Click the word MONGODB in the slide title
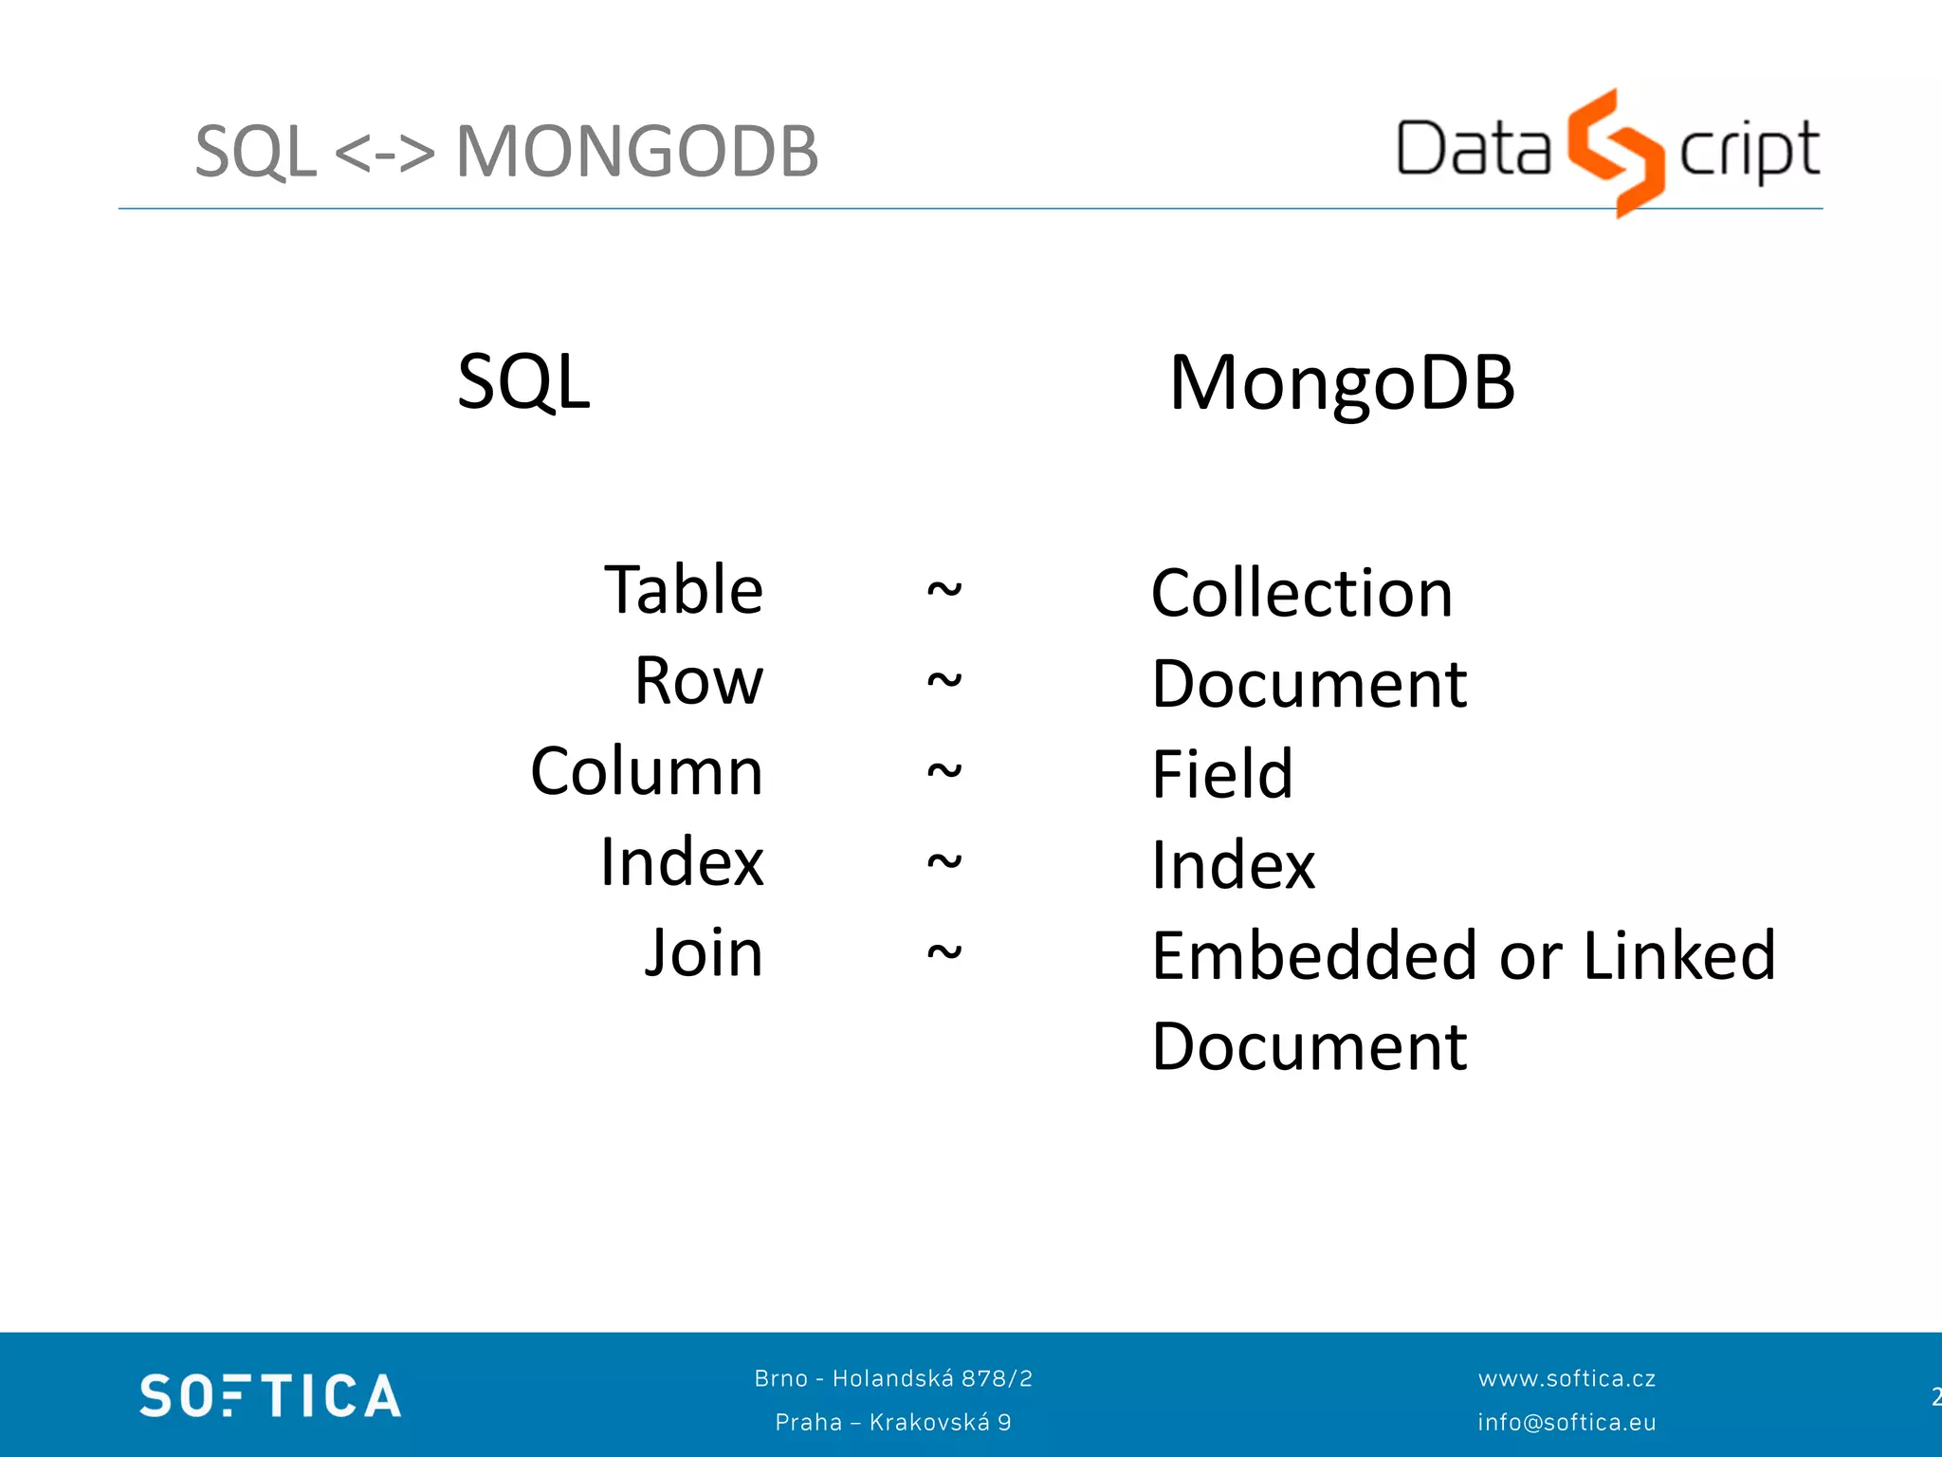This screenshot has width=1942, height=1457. click(x=636, y=152)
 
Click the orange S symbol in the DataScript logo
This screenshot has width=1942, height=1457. click(x=1616, y=152)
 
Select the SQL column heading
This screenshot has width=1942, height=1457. click(x=523, y=381)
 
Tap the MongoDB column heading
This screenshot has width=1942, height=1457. click(x=1342, y=383)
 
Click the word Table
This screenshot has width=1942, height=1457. click(x=684, y=590)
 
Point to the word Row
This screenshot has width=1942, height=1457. click(x=699, y=681)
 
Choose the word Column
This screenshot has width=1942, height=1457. click(x=647, y=771)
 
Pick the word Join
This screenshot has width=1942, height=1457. click(x=704, y=952)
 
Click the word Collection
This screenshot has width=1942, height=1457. click(x=1302, y=594)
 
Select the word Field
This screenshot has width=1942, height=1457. click(x=1222, y=774)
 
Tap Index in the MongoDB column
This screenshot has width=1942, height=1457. click(x=1234, y=865)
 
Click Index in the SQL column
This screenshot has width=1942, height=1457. click(x=682, y=862)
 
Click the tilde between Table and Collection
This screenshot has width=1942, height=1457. click(x=944, y=590)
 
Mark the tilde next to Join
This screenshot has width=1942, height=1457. click(x=944, y=951)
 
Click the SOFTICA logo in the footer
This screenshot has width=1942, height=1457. click(x=270, y=1395)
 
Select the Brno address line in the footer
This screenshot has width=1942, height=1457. click(x=893, y=1378)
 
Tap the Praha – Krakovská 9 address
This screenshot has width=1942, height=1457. click(x=893, y=1422)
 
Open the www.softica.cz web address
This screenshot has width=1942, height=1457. click(x=1566, y=1378)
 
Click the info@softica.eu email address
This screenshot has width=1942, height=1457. click(x=1566, y=1422)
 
